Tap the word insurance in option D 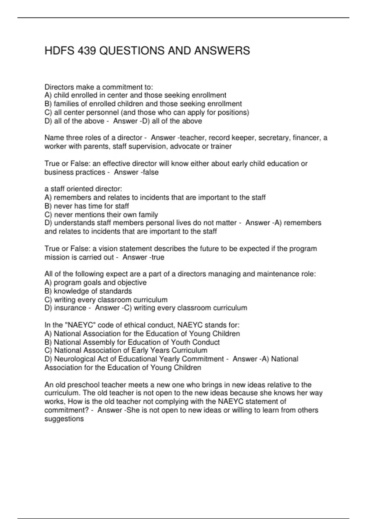70,308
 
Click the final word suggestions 64,419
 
